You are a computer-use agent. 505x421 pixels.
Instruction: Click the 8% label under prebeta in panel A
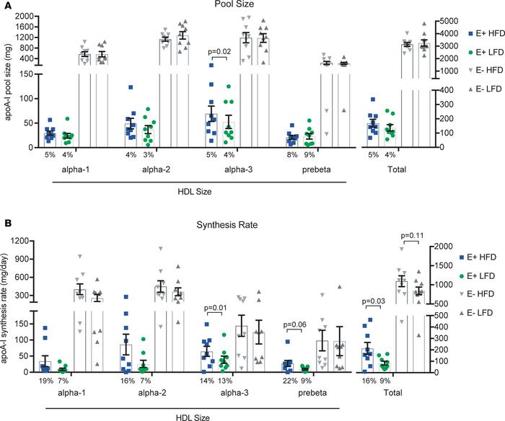click(289, 153)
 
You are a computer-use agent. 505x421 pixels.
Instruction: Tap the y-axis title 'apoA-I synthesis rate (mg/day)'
click(7, 306)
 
